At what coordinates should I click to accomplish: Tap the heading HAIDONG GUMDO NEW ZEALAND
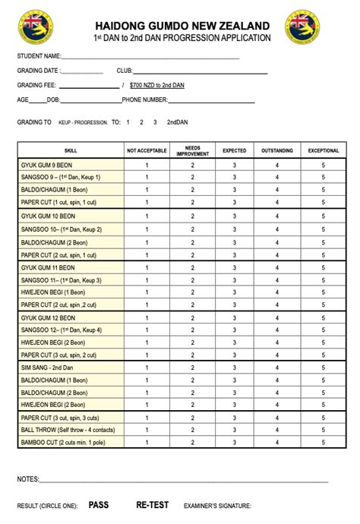(x=182, y=26)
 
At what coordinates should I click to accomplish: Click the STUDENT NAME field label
(x=39, y=56)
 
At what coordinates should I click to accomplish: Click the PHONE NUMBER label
(x=144, y=99)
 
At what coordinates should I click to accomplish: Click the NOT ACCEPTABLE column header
(x=147, y=150)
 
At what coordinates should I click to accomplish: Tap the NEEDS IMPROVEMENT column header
(x=192, y=150)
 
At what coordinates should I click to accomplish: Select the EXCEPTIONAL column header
(x=323, y=150)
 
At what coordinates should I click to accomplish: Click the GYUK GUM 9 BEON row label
(x=48, y=164)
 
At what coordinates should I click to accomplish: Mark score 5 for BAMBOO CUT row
(x=323, y=442)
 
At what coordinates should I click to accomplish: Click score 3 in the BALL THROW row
(x=234, y=430)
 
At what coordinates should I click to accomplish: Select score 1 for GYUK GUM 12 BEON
(x=147, y=317)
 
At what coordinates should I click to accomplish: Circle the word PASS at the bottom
(x=99, y=504)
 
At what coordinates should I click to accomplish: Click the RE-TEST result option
(x=152, y=504)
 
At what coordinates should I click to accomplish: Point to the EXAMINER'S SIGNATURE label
(x=217, y=505)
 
